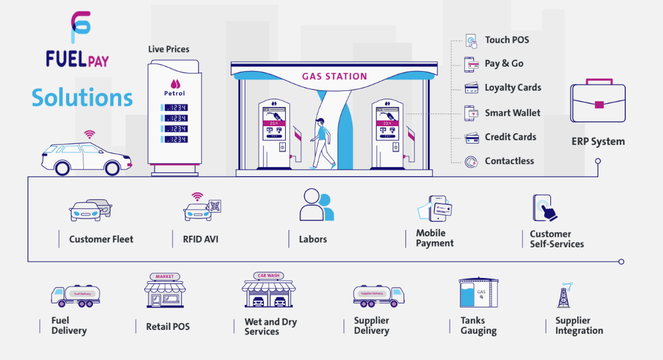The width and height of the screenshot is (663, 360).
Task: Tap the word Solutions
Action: (x=82, y=97)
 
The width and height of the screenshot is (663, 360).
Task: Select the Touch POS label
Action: (x=507, y=40)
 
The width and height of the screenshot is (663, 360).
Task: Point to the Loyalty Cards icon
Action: (x=472, y=88)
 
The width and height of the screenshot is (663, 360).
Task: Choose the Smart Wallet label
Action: (x=512, y=113)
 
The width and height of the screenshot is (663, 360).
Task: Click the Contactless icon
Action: (x=472, y=161)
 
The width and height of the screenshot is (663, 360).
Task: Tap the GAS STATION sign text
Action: (x=334, y=76)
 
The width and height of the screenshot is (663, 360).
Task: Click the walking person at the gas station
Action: (x=323, y=143)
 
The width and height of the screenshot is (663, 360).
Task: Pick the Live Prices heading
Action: (x=168, y=49)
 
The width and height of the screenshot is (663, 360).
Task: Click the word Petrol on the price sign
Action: (x=174, y=94)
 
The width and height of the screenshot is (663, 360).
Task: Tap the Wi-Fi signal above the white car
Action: (x=89, y=135)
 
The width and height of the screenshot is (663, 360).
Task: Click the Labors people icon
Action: (x=316, y=205)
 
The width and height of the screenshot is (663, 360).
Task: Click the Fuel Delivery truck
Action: (x=76, y=295)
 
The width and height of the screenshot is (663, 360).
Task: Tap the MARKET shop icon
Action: (x=164, y=291)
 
